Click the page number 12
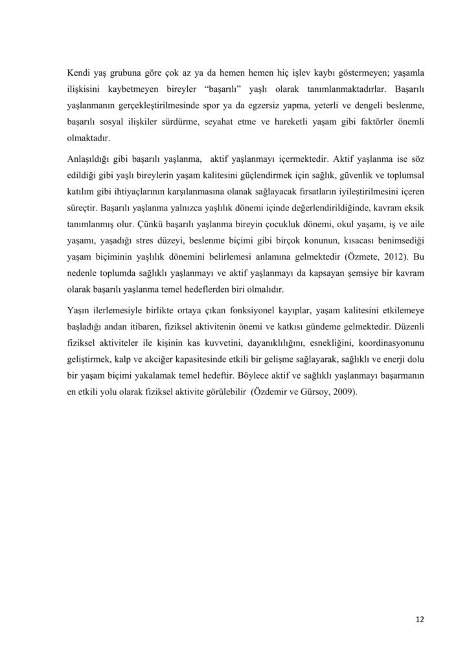(x=420, y=619)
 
